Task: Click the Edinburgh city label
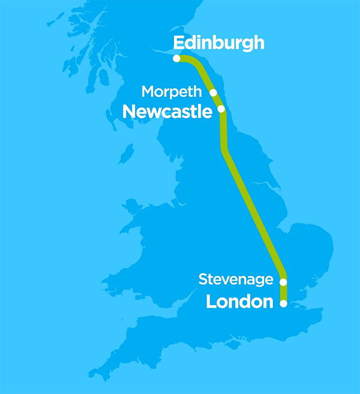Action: pos(218,43)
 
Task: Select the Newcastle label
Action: pos(167,112)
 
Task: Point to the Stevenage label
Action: pos(236,279)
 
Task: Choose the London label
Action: pos(239,302)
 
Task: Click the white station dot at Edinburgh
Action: pos(176,58)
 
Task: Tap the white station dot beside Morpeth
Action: pos(213,92)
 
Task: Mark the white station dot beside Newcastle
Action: pos(221,109)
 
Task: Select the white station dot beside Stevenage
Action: pos(283,281)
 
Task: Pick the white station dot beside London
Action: pos(283,304)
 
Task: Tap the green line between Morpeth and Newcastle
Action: pos(217,100)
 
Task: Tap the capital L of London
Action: pos(211,302)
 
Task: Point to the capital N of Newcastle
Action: pos(128,112)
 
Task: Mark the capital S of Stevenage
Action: pos(202,279)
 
